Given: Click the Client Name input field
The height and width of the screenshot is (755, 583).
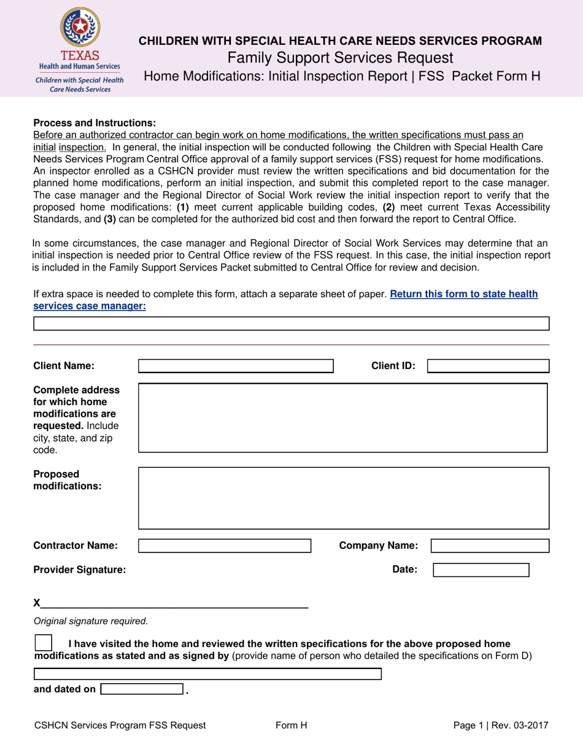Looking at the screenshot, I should [236, 366].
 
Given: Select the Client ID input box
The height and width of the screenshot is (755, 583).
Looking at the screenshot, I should [488, 366].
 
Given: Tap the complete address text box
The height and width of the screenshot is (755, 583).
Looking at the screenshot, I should [343, 418].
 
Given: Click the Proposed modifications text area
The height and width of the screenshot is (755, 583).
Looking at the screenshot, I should [343, 498].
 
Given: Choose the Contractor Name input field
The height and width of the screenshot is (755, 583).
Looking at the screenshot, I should [225, 546].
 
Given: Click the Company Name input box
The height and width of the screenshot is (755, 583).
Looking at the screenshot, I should [490, 546].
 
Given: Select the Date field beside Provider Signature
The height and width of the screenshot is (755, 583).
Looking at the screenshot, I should [481, 570].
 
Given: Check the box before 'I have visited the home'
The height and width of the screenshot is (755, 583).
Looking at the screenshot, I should [44, 643].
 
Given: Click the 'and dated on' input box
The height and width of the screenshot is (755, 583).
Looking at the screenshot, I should [142, 689].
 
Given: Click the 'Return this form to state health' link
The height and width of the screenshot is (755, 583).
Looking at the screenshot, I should [463, 294].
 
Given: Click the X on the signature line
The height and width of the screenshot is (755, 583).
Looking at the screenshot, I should [37, 603].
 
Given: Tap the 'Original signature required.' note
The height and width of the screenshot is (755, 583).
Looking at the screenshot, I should [91, 621].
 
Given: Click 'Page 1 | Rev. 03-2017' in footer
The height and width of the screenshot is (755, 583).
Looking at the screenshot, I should [501, 726].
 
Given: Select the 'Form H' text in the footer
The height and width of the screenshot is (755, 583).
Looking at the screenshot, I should [291, 726].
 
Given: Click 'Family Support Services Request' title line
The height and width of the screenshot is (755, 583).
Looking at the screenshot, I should [341, 58].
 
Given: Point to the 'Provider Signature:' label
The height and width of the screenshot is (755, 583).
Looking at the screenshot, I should [80, 570].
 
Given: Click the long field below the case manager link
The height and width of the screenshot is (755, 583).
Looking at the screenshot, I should [291, 324].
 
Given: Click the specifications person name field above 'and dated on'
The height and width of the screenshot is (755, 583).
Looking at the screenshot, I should [207, 674].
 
